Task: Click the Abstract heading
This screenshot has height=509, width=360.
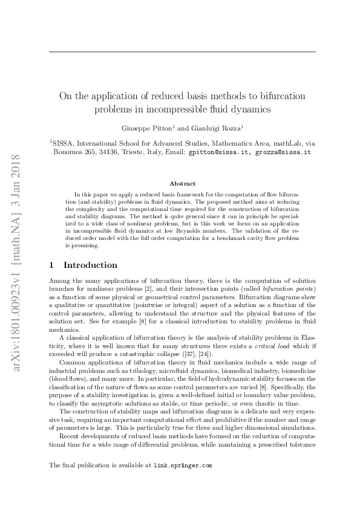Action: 182,183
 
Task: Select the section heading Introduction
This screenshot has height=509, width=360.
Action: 90,265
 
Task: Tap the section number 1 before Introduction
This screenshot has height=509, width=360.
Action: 51,265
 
